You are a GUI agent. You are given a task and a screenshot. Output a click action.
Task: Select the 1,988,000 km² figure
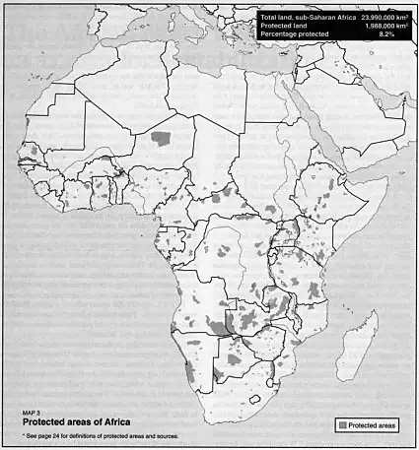coord(384,27)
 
